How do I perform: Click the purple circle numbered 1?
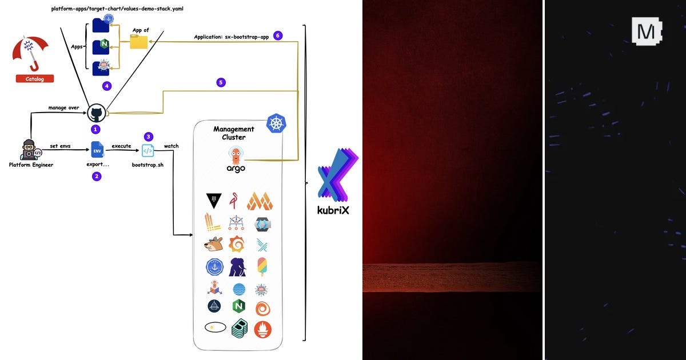[x=96, y=130]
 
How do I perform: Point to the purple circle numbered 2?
[x=97, y=176]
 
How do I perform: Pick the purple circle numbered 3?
[x=149, y=137]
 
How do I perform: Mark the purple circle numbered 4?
[x=106, y=86]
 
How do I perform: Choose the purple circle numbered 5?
[x=221, y=82]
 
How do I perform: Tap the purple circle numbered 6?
[x=278, y=35]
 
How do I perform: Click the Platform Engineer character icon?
[x=29, y=150]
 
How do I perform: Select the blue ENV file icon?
[x=97, y=150]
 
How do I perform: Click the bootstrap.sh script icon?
[x=147, y=150]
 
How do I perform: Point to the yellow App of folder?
[x=138, y=42]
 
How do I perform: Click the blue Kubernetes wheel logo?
[x=276, y=123]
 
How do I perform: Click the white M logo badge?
[x=646, y=31]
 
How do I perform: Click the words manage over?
[x=63, y=107]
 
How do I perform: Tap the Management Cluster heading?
[x=233, y=133]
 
